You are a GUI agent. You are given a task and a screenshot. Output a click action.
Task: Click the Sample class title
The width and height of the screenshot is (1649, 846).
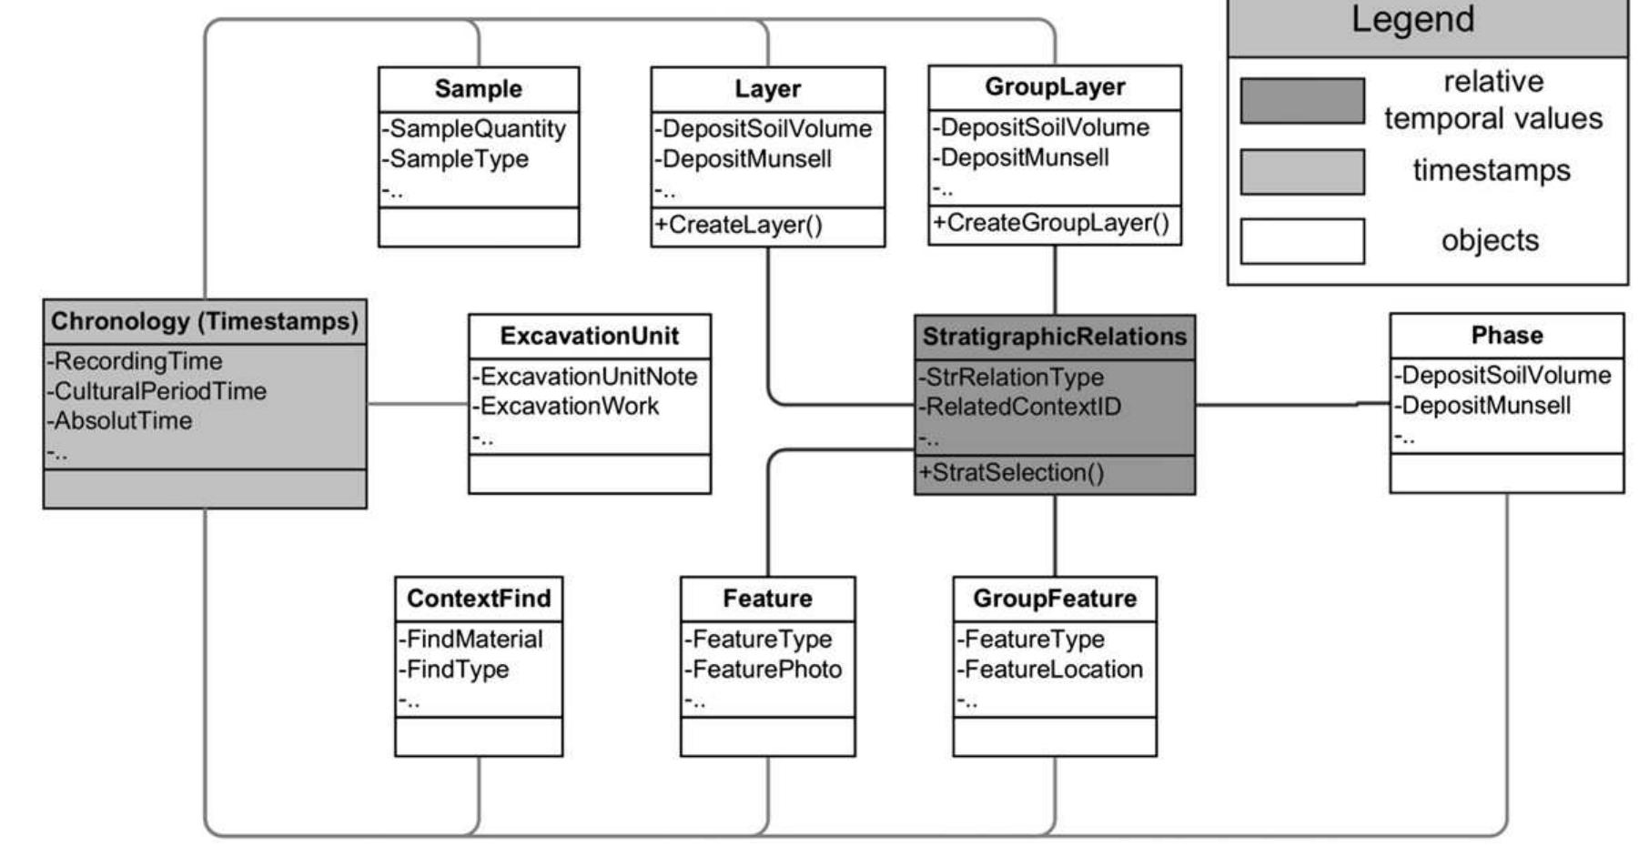[478, 89]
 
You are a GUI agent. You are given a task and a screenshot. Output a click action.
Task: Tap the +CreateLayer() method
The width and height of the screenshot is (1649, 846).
[738, 226]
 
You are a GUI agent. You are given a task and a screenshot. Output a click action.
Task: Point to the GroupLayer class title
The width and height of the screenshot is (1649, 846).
[1055, 87]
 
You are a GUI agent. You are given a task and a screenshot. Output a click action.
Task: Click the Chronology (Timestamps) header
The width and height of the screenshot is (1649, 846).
[205, 321]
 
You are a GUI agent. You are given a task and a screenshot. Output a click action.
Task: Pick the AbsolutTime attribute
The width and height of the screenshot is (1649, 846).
[122, 421]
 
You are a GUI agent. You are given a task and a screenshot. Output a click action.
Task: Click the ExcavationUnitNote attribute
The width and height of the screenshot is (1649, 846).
[587, 377]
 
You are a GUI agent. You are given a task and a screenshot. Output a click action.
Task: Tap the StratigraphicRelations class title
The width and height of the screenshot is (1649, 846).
[1054, 337]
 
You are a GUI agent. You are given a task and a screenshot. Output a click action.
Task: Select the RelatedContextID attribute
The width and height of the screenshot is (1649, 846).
[1021, 407]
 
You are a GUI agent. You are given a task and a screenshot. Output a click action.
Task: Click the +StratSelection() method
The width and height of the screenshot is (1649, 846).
[1012, 473]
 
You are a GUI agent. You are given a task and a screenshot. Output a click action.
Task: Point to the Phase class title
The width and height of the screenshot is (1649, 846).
[1506, 336]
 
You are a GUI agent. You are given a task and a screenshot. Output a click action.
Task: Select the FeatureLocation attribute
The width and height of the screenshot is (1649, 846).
[1051, 670]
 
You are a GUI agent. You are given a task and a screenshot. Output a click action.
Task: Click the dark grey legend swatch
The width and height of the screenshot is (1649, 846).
[1301, 101]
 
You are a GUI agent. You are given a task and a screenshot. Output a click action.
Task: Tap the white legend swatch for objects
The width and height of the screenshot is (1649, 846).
[1301, 241]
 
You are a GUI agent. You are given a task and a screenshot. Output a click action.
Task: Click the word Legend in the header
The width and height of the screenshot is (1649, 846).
[1412, 19]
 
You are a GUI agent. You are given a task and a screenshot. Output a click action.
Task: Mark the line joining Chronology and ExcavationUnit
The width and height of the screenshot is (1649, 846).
[417, 403]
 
